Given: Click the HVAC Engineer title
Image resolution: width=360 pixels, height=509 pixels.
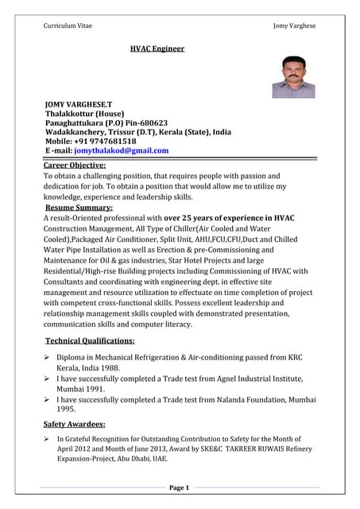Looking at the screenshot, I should pos(157,49).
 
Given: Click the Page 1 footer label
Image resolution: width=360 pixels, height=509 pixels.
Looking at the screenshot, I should pos(180,488).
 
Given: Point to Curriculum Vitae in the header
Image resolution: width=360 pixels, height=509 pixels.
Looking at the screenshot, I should pos(68,25).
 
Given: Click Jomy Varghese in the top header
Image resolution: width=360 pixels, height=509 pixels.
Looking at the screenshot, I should pos(294,25).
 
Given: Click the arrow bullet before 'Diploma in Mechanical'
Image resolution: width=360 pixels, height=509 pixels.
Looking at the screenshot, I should pos(48,359).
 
